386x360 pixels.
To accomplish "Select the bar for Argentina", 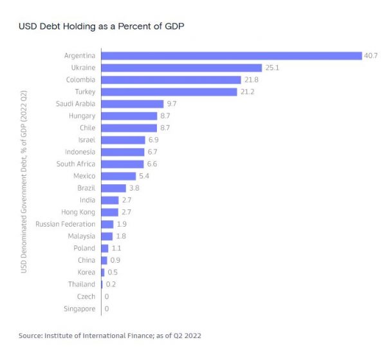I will [x=231, y=55].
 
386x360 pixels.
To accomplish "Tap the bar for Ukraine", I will [x=181, y=68].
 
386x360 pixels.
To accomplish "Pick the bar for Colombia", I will [x=170, y=79].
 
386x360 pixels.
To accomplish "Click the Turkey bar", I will [x=169, y=91].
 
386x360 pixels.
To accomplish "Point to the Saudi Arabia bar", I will [x=132, y=104].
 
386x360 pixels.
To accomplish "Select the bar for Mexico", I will [x=118, y=176].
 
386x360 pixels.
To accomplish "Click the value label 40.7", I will [x=371, y=56].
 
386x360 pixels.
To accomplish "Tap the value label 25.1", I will [x=271, y=68].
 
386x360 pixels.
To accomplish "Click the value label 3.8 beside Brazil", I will [x=134, y=188].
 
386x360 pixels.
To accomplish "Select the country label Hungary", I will [x=82, y=116].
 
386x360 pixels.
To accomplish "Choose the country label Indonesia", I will [x=80, y=152].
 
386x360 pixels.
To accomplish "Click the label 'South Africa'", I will [x=77, y=164].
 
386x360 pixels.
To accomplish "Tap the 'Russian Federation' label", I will [x=66, y=224].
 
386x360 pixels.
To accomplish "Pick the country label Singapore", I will [x=80, y=308].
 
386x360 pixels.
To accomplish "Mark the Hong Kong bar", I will [x=109, y=212].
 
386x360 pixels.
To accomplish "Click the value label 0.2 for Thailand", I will [x=111, y=285].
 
